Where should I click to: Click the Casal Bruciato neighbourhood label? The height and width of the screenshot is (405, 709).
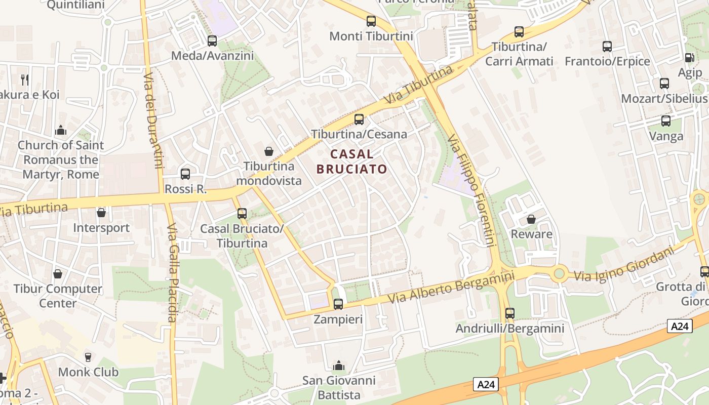[352, 161]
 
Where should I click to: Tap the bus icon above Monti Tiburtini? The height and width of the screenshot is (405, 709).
[371, 21]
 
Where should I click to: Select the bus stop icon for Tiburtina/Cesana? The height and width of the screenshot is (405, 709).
[359, 119]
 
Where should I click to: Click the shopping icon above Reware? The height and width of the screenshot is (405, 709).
[531, 219]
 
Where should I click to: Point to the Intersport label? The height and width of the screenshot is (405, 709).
[101, 228]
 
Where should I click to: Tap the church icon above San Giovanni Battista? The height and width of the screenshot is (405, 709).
[339, 366]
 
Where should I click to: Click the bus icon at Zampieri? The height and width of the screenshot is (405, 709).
[338, 304]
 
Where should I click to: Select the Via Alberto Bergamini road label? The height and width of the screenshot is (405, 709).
[451, 288]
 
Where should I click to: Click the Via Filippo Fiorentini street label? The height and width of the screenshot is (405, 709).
[471, 190]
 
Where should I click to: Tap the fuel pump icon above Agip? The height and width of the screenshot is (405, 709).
[689, 58]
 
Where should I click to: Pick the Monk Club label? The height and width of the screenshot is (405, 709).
[88, 372]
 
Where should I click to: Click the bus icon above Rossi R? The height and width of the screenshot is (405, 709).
[185, 174]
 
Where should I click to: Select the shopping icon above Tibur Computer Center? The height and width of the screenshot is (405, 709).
[58, 274]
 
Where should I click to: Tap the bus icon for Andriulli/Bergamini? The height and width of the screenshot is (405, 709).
[510, 313]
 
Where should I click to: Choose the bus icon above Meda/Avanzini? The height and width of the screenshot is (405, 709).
[212, 41]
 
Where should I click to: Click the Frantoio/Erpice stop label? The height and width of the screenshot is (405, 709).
[607, 61]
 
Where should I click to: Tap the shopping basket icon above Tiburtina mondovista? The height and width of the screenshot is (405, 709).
[269, 151]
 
